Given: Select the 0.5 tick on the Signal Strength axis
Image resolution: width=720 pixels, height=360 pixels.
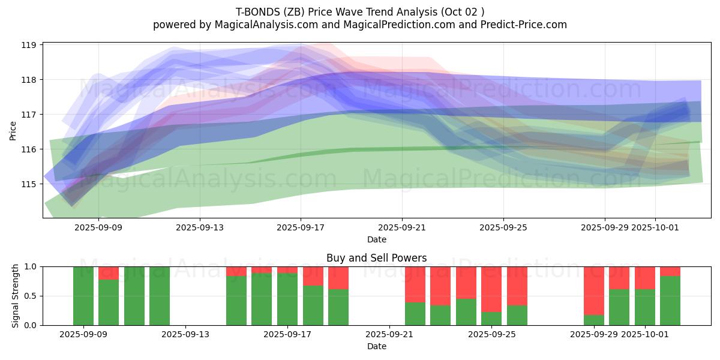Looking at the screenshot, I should [x=31, y=296].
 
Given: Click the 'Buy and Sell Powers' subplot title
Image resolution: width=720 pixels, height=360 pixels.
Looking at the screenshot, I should [x=376, y=258].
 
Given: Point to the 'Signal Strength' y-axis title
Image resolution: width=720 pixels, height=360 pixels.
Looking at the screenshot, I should [x=16, y=296].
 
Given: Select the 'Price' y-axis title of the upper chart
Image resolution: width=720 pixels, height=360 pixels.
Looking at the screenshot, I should [x=13, y=130].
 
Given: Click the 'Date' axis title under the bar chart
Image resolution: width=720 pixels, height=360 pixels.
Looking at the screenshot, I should [x=376, y=346].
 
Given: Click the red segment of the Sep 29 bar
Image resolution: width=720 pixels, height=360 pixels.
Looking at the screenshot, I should [x=594, y=290].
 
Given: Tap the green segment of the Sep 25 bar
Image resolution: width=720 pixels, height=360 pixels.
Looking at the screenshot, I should [x=491, y=319].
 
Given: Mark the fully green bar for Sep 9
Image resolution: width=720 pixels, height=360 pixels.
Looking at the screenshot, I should [x=83, y=296].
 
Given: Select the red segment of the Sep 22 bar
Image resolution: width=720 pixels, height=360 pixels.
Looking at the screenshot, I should [x=415, y=284].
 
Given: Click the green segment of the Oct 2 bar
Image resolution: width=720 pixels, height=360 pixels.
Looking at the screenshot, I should [x=670, y=301].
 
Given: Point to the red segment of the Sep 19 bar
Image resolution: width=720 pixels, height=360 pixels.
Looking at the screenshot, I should [x=338, y=278].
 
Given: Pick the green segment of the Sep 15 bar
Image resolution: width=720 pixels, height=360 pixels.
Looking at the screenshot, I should [x=236, y=301].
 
